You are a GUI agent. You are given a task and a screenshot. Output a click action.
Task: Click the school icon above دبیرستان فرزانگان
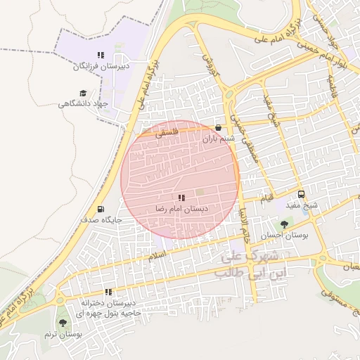(101, 55)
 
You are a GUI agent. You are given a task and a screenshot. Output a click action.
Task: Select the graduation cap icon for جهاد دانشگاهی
(84, 93)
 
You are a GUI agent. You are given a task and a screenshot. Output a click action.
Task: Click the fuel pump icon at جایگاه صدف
(101, 209)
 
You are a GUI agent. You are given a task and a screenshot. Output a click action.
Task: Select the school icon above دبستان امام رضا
(181, 199)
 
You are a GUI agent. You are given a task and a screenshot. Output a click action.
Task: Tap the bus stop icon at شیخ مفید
(301, 195)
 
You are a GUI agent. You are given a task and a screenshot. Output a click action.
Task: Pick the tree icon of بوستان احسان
(284, 224)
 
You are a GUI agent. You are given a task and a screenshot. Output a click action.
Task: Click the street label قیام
(268, 199)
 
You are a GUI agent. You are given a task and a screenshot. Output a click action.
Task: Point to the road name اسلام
(158, 258)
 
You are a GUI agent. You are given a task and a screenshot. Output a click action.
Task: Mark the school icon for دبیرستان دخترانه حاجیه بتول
(108, 292)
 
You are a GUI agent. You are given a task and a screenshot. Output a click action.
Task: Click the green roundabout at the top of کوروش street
(229, 96)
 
